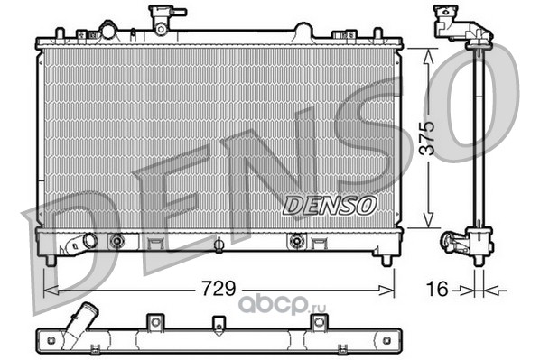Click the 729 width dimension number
[219, 288]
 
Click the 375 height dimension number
[428, 138]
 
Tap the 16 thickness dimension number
[437, 289]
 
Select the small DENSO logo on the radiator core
[329, 206]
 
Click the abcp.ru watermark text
[282, 305]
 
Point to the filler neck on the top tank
[162, 20]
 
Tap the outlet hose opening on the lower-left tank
[90, 241]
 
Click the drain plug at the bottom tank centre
[219, 245]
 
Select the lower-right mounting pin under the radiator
[386, 260]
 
